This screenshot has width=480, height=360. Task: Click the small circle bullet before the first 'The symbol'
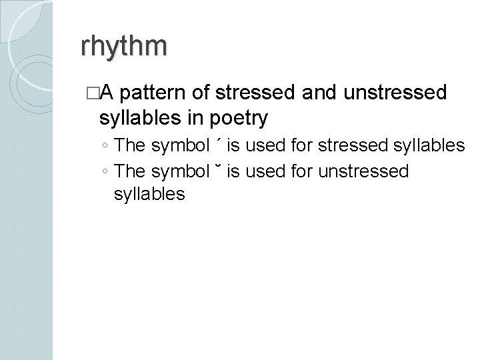click(x=105, y=145)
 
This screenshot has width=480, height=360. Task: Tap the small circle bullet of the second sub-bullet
click(x=105, y=172)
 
